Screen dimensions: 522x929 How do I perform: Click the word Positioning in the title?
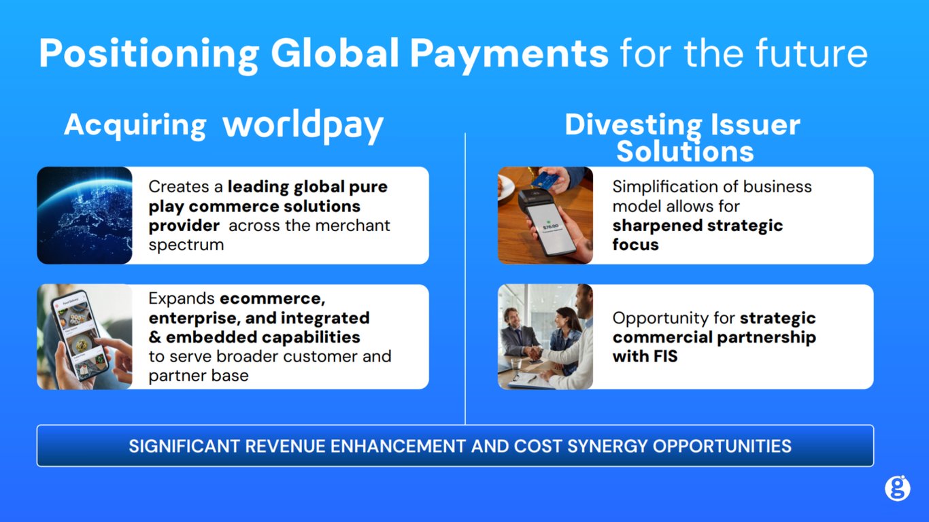tap(148, 53)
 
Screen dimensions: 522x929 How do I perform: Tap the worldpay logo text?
tap(303, 126)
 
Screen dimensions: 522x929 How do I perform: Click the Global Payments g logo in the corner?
tap(897, 488)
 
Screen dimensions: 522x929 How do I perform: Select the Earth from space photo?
tap(84, 215)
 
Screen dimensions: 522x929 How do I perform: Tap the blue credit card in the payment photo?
tap(545, 180)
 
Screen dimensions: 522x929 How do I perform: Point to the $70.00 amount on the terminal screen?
tap(551, 226)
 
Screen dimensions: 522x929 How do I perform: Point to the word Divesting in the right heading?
tap(623, 125)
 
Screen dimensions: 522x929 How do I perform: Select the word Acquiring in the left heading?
tap(135, 125)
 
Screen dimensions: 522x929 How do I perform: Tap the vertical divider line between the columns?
tap(465, 279)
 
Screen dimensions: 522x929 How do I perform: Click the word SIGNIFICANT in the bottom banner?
tap(184, 446)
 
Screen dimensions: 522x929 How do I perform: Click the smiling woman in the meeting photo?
tap(567, 326)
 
